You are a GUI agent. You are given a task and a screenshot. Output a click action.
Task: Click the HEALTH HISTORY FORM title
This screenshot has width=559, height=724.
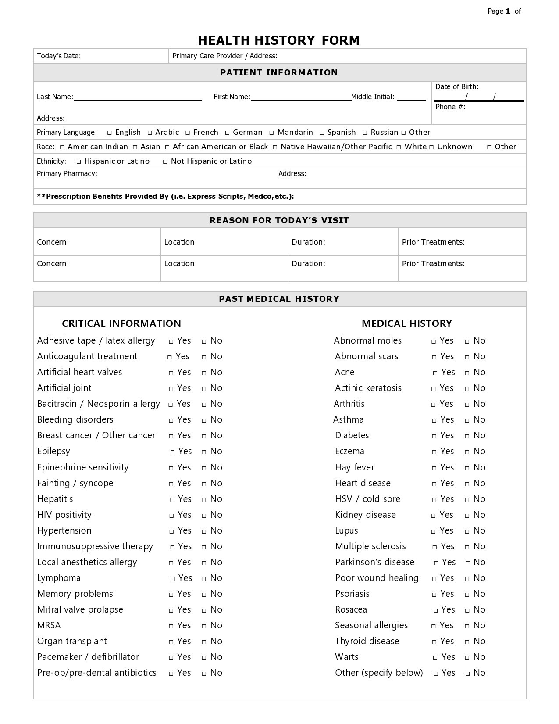pos(279,40)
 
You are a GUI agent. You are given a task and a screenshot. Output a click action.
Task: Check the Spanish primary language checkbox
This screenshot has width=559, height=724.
pos(322,133)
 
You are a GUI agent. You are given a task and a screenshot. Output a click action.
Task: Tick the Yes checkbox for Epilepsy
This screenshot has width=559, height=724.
pos(173,452)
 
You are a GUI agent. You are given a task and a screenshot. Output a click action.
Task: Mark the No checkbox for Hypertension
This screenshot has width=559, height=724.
pos(204,531)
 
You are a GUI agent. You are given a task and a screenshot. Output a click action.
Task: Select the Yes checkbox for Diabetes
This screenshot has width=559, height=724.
pos(434,436)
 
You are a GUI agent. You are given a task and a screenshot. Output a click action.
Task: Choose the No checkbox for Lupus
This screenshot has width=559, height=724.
pos(467,531)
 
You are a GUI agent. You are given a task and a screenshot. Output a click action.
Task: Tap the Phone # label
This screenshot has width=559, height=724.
pos(450,107)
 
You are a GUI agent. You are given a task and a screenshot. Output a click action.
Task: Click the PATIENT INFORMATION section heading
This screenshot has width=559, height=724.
pos(279,72)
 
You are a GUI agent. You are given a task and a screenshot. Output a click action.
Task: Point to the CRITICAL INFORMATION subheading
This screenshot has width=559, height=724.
pos(121,323)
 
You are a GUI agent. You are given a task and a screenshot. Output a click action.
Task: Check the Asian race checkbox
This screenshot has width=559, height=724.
pos(135,147)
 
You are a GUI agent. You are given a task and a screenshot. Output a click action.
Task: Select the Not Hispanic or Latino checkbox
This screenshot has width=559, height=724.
pos(165,161)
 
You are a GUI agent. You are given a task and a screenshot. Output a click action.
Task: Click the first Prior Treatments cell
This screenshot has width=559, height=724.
pos(462,242)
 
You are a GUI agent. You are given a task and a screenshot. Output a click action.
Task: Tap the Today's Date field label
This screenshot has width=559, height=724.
pos(59,56)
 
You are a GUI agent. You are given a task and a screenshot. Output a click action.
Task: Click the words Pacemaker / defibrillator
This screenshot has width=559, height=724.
pos(88,657)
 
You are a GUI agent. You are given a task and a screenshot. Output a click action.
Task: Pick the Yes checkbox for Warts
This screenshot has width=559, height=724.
pos(435,657)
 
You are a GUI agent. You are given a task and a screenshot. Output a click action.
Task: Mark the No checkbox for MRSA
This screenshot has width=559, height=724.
pos(204,626)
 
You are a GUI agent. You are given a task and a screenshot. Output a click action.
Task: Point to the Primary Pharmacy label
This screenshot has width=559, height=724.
pos(67,173)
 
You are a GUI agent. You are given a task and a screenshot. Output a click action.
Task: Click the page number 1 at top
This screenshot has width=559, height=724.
pos(508,11)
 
